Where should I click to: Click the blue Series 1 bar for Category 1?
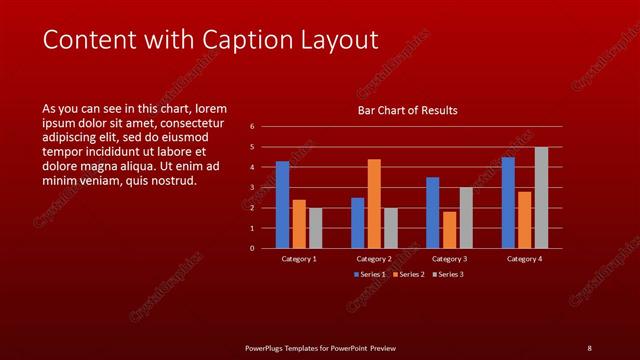pyautogui.click(x=282, y=204)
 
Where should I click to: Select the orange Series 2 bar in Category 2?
pyautogui.click(x=374, y=203)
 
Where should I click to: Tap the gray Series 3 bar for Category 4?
pyautogui.click(x=541, y=197)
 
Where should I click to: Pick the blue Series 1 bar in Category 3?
pyautogui.click(x=432, y=212)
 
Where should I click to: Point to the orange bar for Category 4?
pyautogui.click(x=525, y=219)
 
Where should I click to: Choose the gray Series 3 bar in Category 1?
pyautogui.click(x=315, y=228)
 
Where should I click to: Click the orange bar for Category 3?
pyautogui.click(x=449, y=230)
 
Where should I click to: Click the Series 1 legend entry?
pyautogui.click(x=371, y=274)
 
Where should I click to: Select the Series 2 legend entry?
pyautogui.click(x=408, y=274)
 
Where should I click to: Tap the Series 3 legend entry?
pyautogui.click(x=446, y=274)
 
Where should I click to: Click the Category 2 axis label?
pyautogui.click(x=374, y=258)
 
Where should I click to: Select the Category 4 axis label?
pyautogui.click(x=524, y=258)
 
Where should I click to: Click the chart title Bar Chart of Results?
pyautogui.click(x=408, y=110)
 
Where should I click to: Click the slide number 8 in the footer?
pyautogui.click(x=589, y=348)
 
